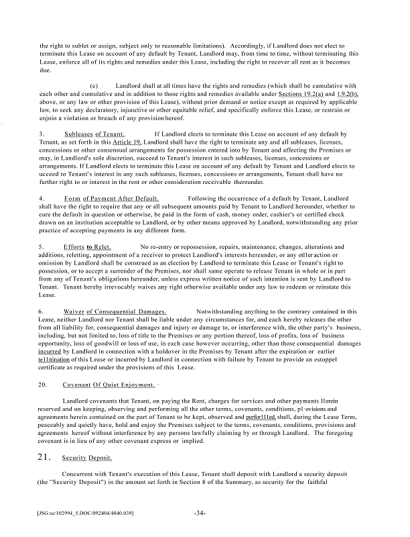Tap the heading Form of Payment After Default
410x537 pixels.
[111, 199]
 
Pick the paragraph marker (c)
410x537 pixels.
[94, 86]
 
